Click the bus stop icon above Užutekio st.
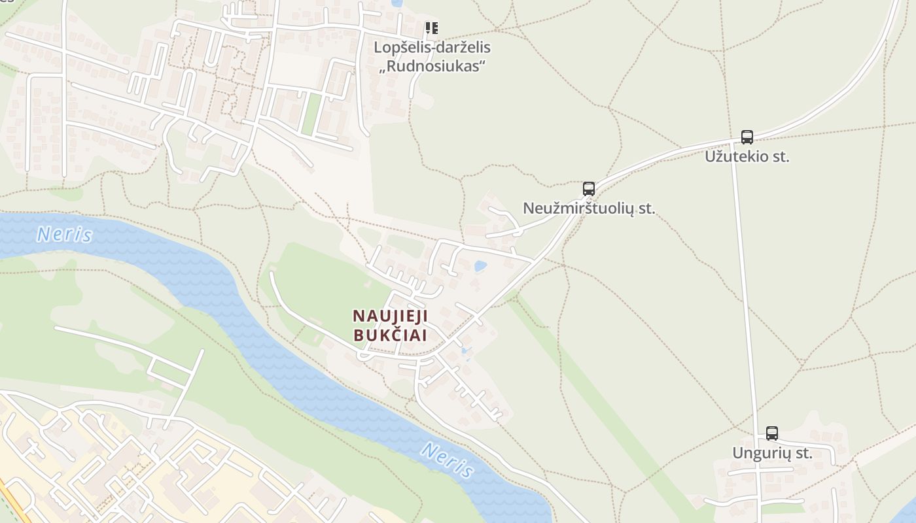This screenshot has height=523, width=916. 747,137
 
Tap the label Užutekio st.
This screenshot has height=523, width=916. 747,157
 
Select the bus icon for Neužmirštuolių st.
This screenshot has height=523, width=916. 589,189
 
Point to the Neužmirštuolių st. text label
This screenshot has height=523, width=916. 589,209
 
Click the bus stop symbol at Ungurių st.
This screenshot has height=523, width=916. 772,433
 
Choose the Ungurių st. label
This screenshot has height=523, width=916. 772,453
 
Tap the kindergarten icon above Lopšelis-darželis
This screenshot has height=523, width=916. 431,28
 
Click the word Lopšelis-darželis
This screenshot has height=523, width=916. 432,48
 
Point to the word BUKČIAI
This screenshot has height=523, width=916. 390,335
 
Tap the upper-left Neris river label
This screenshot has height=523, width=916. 64,234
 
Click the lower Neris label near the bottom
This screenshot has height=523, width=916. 448,460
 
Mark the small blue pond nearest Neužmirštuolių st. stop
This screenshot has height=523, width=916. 480,266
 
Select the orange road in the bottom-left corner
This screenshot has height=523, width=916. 14,503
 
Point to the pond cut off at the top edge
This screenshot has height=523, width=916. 396,3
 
